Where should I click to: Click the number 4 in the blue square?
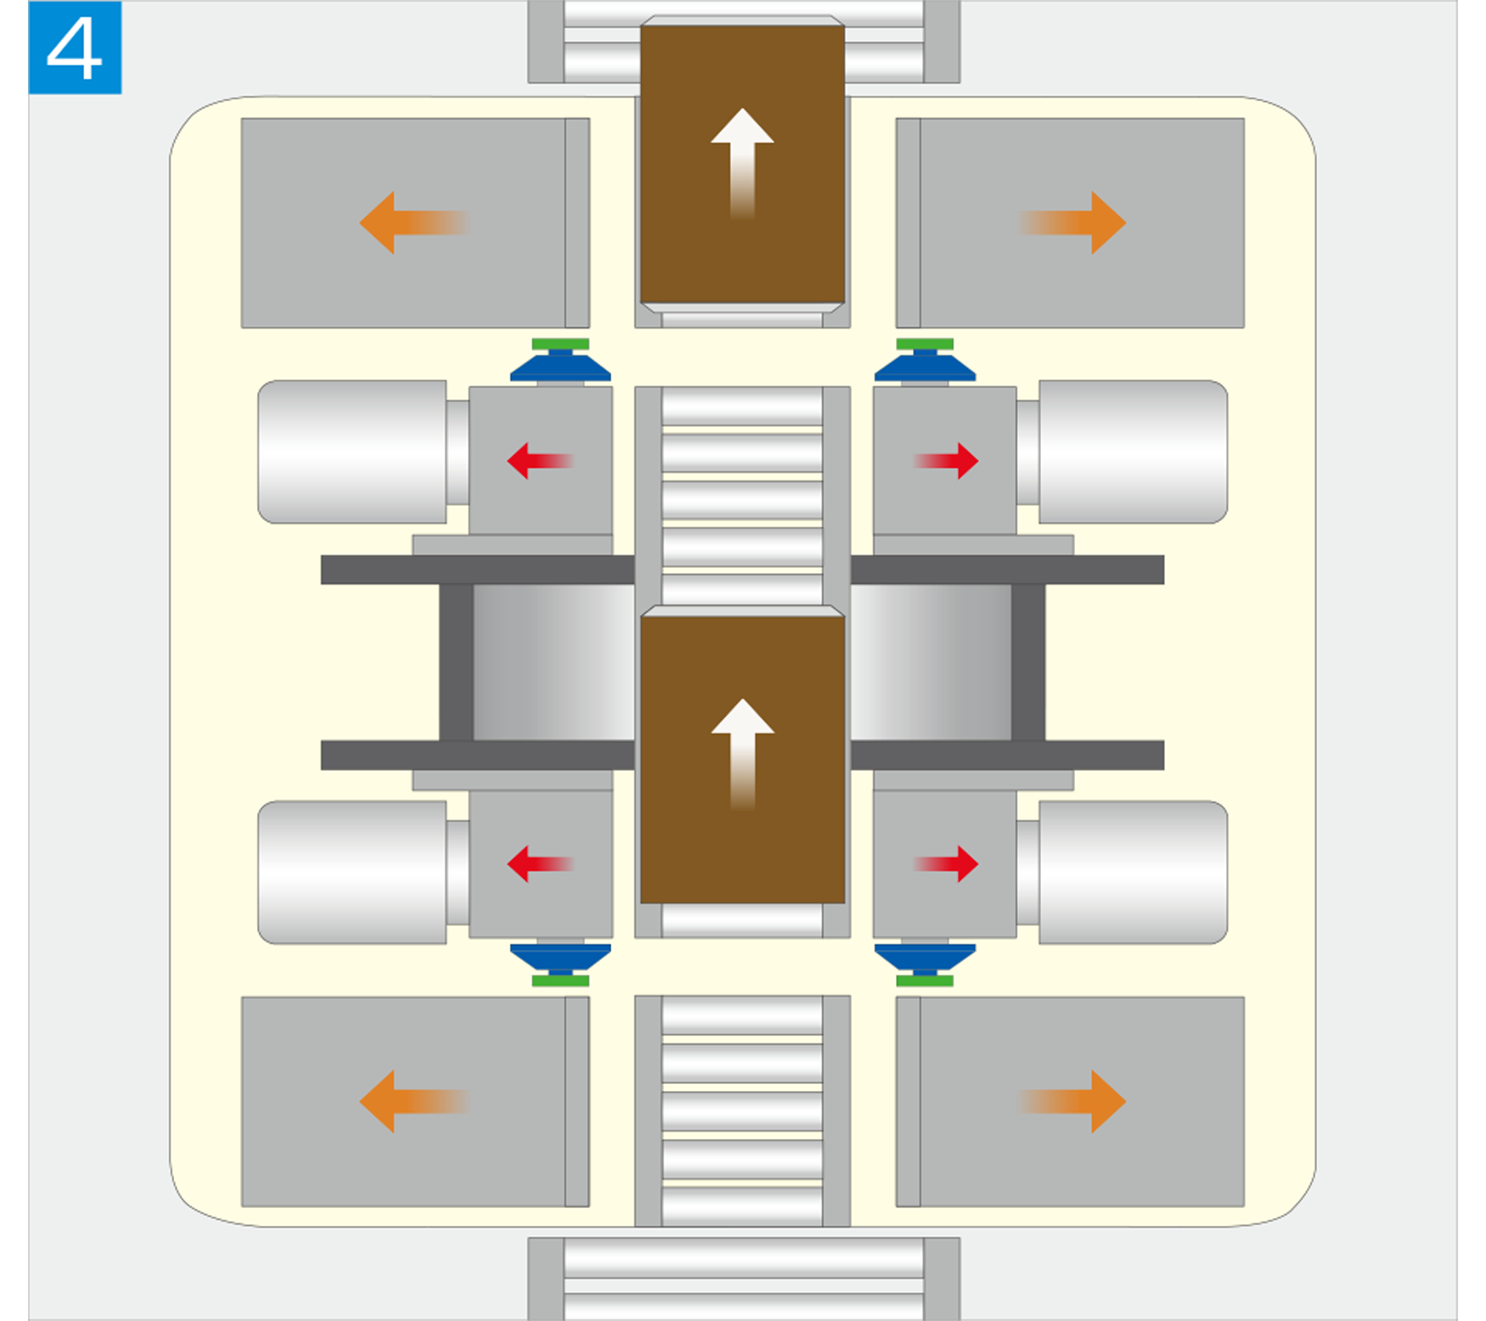[75, 48]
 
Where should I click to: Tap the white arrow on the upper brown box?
[742, 161]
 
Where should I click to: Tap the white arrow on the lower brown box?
[742, 752]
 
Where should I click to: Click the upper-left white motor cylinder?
[352, 452]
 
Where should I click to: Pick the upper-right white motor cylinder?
[1133, 452]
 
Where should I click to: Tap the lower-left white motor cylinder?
[352, 872]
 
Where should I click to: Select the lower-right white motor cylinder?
[1133, 872]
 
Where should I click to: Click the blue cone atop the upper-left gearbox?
[560, 368]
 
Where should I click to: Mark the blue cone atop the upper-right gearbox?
[925, 368]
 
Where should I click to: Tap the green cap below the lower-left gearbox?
[560, 981]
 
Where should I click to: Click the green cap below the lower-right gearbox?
[925, 981]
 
